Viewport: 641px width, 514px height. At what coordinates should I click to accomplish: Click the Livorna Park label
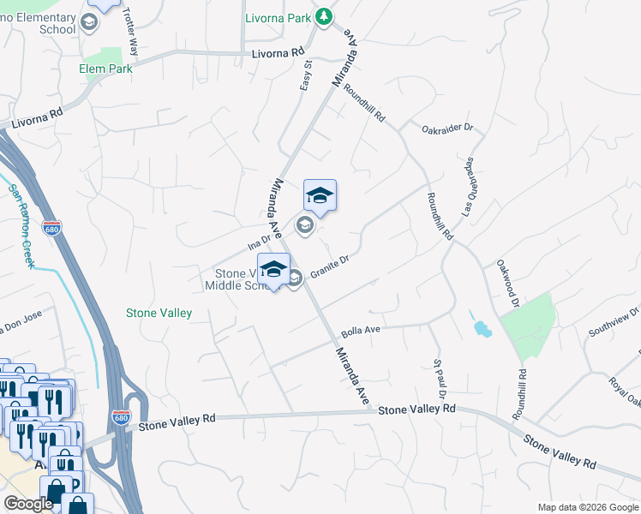pyautogui.click(x=275, y=16)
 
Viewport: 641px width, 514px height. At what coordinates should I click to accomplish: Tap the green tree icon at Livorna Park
pyautogui.click(x=323, y=15)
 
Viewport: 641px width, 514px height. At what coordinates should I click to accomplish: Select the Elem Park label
pyautogui.click(x=105, y=69)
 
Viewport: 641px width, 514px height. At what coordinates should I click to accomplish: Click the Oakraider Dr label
pyautogui.click(x=447, y=128)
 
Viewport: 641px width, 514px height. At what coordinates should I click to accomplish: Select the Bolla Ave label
pyautogui.click(x=360, y=330)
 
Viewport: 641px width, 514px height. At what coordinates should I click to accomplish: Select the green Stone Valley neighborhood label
pyautogui.click(x=159, y=314)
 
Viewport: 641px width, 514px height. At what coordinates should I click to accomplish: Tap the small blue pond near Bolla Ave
pyautogui.click(x=480, y=327)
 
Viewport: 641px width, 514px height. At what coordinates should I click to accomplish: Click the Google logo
pyautogui.click(x=28, y=504)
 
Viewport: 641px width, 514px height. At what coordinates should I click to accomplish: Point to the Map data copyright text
pyautogui.click(x=587, y=507)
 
